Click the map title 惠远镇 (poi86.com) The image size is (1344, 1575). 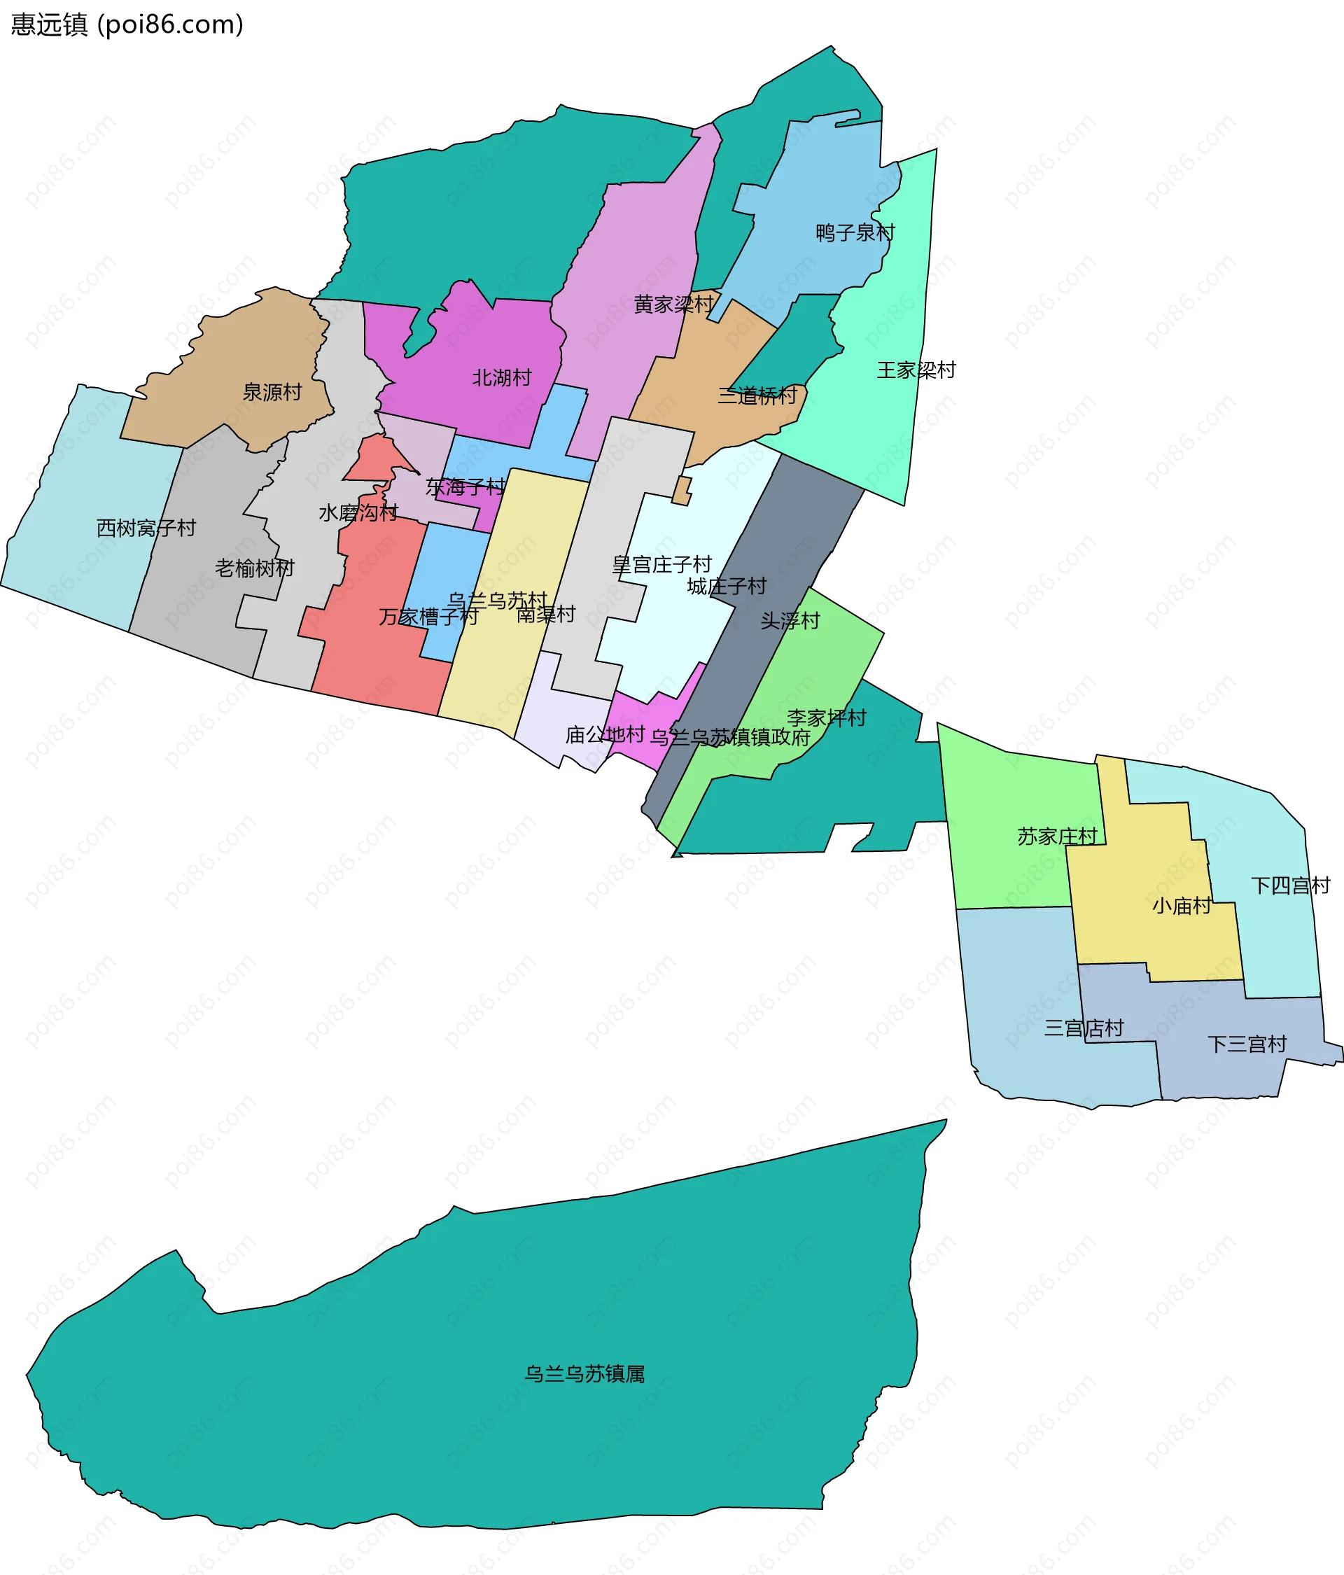[x=127, y=24]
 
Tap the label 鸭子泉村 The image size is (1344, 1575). [x=855, y=232]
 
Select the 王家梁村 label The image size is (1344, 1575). [x=916, y=370]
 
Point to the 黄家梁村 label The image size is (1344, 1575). [x=673, y=304]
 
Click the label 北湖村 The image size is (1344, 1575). [x=502, y=378]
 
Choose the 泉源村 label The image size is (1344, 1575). [x=272, y=392]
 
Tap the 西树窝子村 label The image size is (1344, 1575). [x=146, y=528]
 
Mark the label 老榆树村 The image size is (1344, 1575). [x=254, y=568]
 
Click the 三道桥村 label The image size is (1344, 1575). [x=757, y=395]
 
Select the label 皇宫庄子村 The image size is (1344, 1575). [x=661, y=564]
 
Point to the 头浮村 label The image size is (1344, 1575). [x=790, y=621]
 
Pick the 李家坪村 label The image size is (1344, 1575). [x=826, y=717]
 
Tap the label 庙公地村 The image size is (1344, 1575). [x=605, y=734]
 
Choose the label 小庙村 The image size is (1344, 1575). [x=1182, y=905]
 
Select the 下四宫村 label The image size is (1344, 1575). [x=1291, y=885]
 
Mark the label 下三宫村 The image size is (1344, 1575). [x=1247, y=1044]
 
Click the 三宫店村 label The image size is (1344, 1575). [x=1084, y=1028]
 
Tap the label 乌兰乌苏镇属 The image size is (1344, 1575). [x=584, y=1373]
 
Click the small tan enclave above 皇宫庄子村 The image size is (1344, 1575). [x=682, y=491]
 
